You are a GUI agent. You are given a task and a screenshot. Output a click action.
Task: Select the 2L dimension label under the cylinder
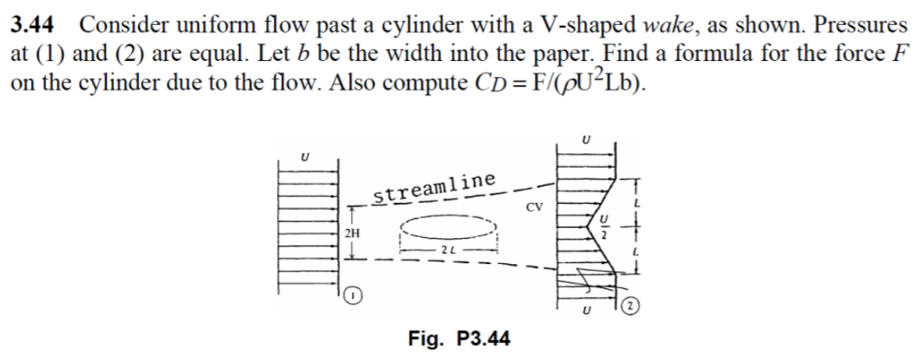pos(446,248)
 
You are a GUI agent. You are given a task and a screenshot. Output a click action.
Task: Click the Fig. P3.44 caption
pos(459,338)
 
